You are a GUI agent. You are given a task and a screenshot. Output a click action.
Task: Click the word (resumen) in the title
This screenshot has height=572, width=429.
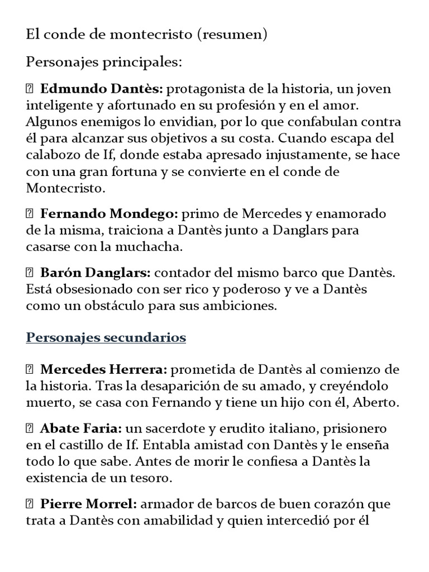(232, 35)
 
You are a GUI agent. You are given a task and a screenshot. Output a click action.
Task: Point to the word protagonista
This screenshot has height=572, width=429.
(204, 89)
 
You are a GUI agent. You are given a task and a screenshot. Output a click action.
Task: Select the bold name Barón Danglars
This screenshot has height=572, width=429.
(95, 273)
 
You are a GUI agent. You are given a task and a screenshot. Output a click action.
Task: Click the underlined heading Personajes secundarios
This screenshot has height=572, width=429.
(106, 338)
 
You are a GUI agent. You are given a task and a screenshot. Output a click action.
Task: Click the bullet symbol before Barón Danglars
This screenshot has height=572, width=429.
(30, 273)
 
